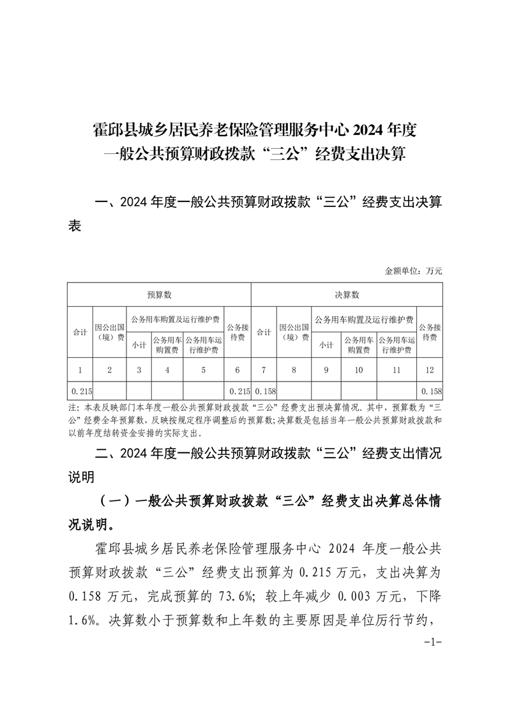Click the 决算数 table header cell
pyautogui.click(x=347, y=295)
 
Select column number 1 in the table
pyautogui.click(x=80, y=369)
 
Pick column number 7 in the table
pyautogui.click(x=264, y=369)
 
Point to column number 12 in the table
pyautogui.click(x=430, y=369)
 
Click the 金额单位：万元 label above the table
pyautogui.click(x=413, y=271)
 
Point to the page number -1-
pyautogui.click(x=433, y=642)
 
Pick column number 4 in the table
pyautogui.click(x=167, y=369)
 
